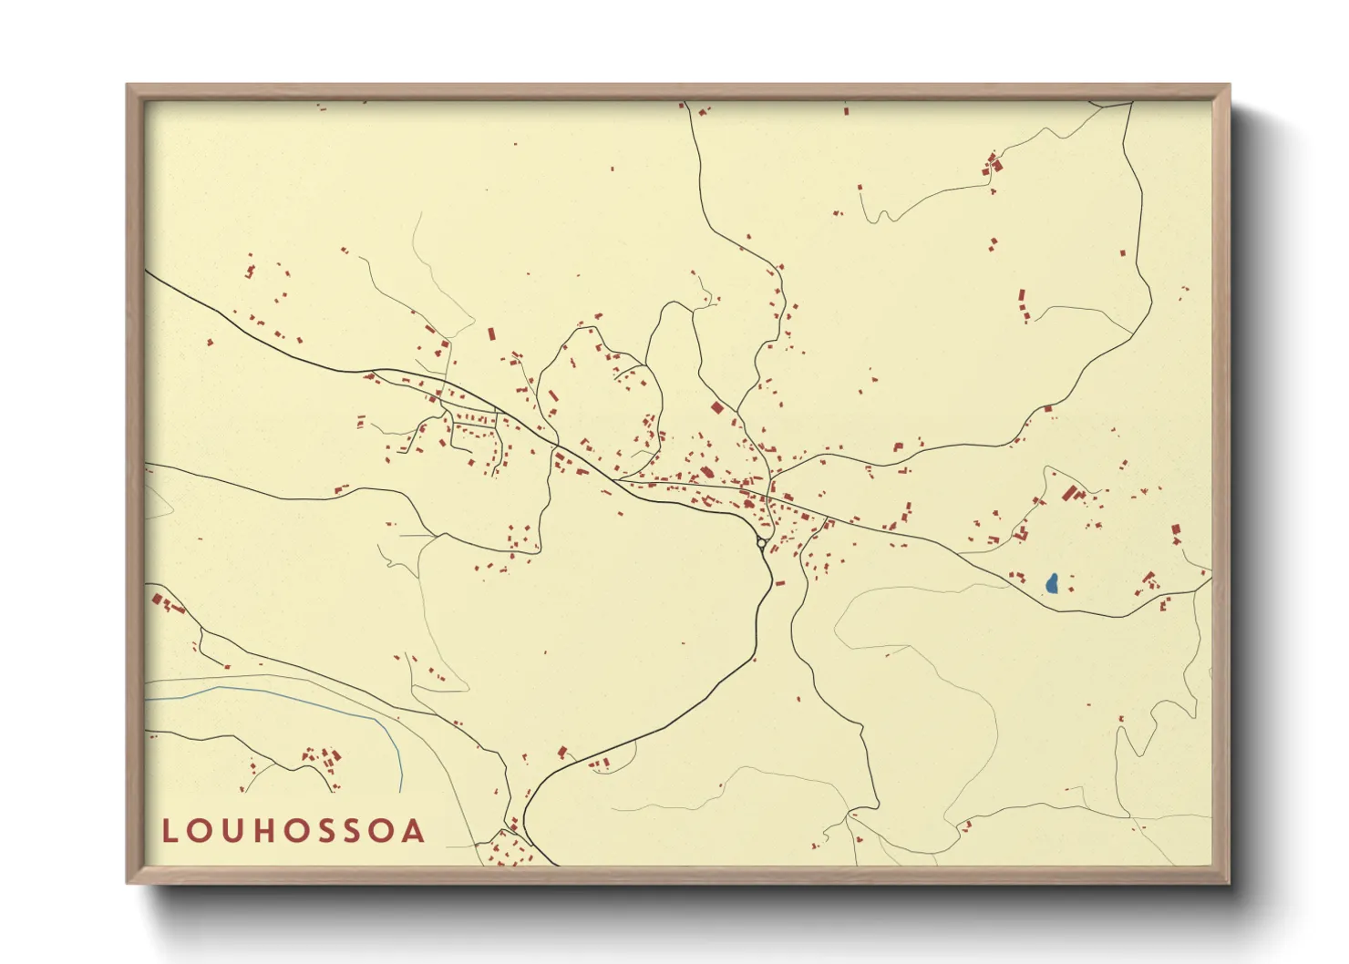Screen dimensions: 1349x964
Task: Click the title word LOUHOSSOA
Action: pos(293,831)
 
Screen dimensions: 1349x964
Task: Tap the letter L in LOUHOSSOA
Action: pos(169,831)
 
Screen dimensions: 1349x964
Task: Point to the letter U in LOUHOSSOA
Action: pos(231,831)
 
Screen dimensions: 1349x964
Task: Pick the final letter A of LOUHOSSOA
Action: pos(416,831)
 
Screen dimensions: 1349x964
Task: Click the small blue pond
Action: pos(1052,583)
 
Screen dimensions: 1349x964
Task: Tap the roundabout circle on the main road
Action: pos(761,543)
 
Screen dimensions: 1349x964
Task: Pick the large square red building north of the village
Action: pos(716,408)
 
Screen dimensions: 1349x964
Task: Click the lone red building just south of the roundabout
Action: pos(779,582)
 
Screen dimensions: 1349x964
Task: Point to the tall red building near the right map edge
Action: pos(1176,532)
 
